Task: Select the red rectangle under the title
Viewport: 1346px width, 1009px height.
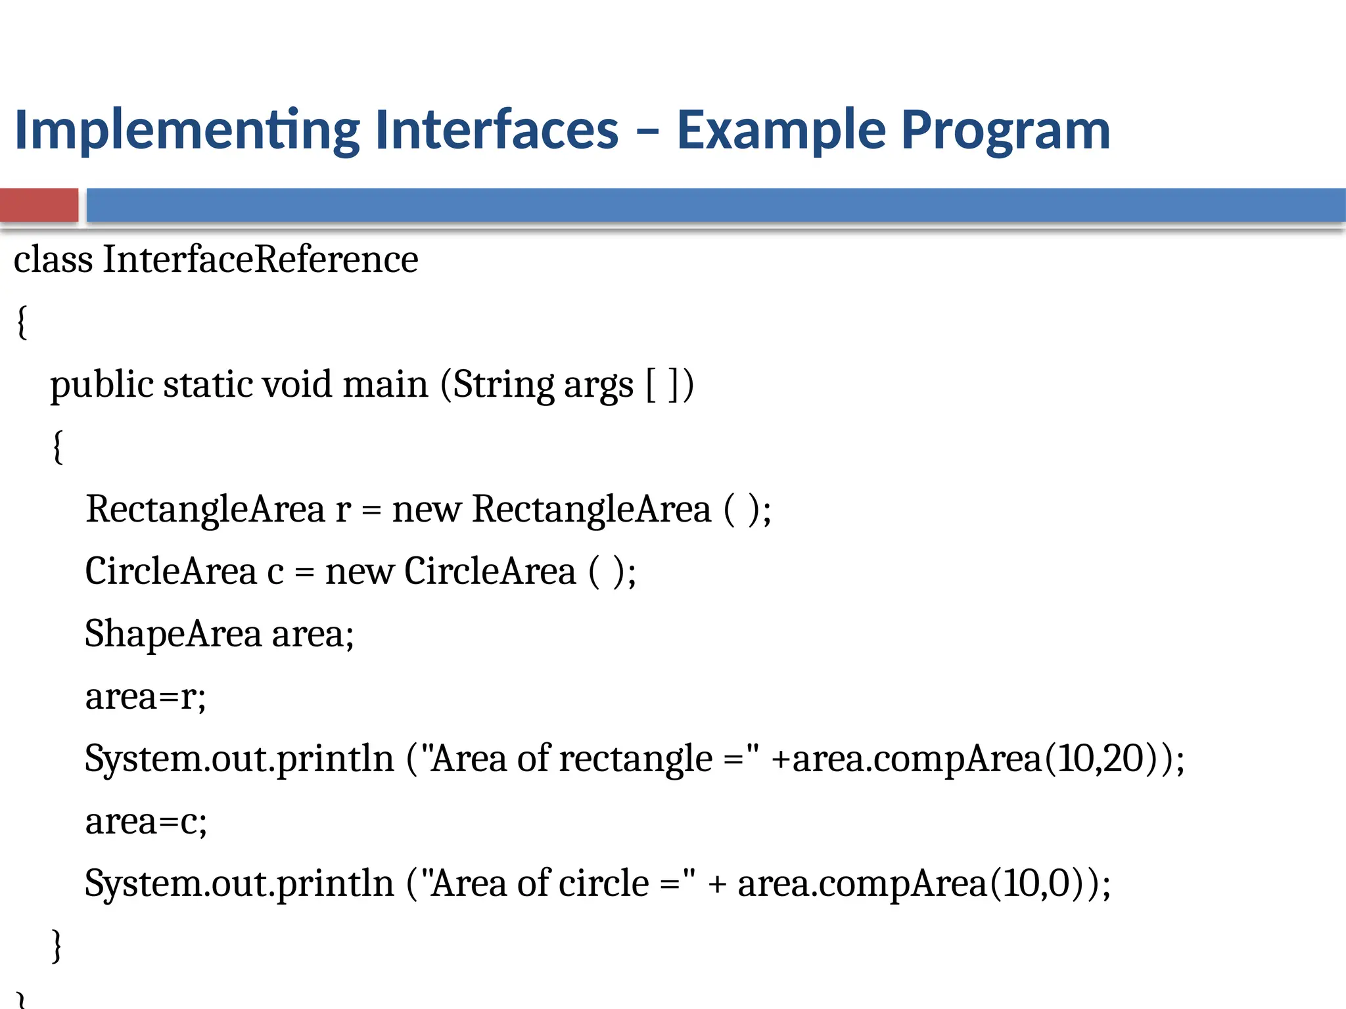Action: click(x=39, y=205)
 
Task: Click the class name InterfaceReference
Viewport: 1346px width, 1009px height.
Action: click(x=260, y=259)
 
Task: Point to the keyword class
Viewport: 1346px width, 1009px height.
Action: click(x=53, y=259)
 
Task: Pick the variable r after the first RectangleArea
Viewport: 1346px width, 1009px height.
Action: click(x=342, y=510)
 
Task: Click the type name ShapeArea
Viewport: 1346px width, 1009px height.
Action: click(x=173, y=635)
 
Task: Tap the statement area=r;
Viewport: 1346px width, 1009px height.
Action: click(x=145, y=696)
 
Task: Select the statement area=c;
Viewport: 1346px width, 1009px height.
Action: click(x=146, y=821)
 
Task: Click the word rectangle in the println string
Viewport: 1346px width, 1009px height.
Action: click(x=636, y=759)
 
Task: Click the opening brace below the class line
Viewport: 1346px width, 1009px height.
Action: click(x=22, y=323)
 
